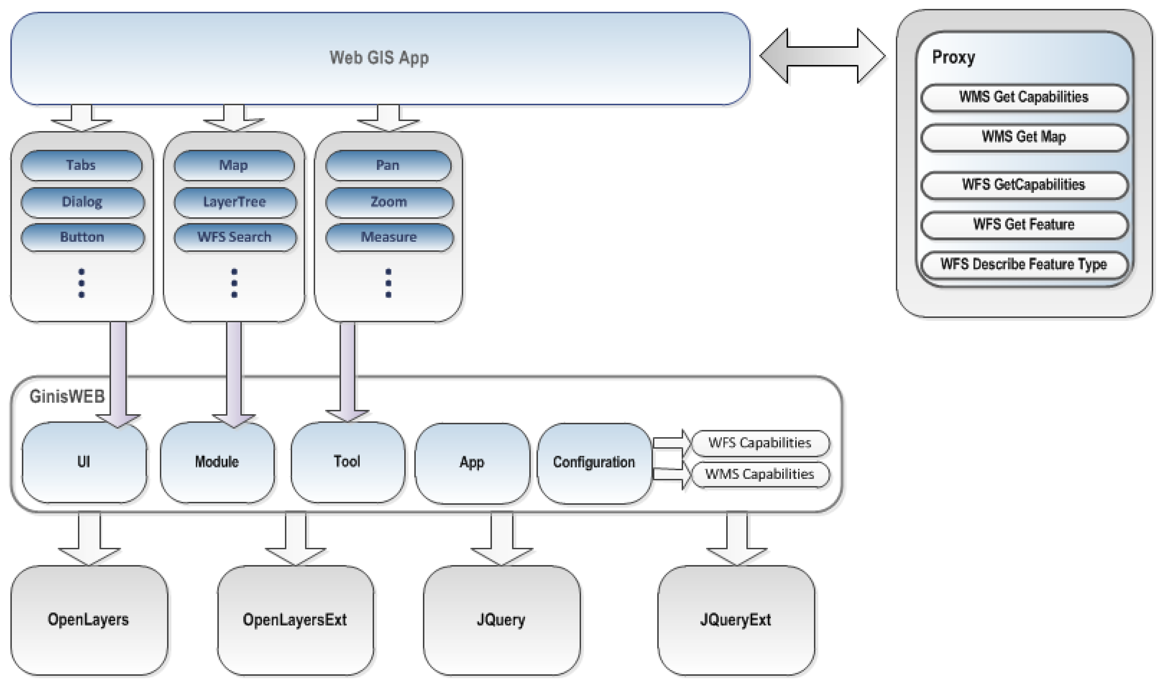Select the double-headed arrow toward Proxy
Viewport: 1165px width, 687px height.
tap(822, 56)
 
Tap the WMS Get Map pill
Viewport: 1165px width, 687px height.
tap(1023, 137)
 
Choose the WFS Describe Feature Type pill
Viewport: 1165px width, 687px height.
tap(1023, 264)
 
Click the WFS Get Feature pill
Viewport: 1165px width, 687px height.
tap(1023, 225)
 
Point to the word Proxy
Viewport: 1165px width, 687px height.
tap(953, 57)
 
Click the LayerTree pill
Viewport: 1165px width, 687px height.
tap(235, 202)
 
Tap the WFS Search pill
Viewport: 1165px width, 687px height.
tap(235, 237)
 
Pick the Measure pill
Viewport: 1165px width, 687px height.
tap(389, 237)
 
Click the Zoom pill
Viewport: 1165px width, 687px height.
tap(389, 202)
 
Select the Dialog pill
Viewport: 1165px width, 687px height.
tap(82, 202)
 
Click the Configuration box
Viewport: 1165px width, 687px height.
tap(594, 462)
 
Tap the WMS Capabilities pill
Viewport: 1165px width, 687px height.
tap(759, 474)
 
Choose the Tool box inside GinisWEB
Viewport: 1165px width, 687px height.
tap(347, 461)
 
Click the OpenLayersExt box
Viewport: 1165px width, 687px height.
tap(295, 620)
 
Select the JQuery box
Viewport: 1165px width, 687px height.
tap(501, 620)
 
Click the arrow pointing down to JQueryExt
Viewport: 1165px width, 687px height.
tap(736, 539)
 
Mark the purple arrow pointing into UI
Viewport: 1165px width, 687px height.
tap(118, 370)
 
